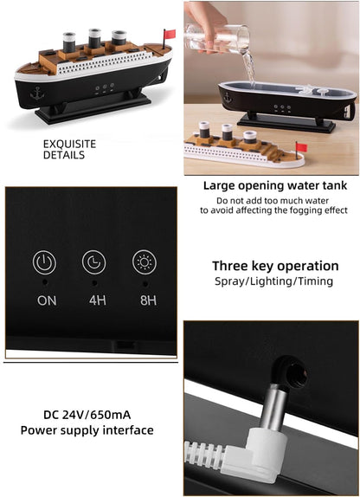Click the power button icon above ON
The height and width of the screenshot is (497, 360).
click(44, 262)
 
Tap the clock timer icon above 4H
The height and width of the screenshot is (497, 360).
click(94, 262)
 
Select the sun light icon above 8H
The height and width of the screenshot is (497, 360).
click(145, 262)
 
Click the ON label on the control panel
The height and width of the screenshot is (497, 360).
click(47, 300)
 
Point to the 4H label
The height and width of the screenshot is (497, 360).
click(98, 300)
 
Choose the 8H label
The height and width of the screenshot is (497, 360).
click(148, 300)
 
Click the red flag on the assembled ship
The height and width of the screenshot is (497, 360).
click(170, 34)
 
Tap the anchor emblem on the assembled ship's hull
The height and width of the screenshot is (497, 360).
click(37, 94)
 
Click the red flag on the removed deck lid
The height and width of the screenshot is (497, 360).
click(302, 147)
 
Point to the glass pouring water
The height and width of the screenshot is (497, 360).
click(217, 38)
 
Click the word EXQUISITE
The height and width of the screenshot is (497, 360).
click(70, 145)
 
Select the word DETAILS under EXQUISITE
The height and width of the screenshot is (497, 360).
click(64, 155)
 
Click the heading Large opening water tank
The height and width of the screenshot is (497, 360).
click(275, 186)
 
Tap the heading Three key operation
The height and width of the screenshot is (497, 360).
click(275, 266)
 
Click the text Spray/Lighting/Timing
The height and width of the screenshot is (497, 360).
click(273, 281)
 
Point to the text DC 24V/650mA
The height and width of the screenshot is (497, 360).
click(87, 415)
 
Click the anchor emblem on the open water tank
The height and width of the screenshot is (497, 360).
click(228, 98)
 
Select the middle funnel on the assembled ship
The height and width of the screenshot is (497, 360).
click(94, 38)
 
